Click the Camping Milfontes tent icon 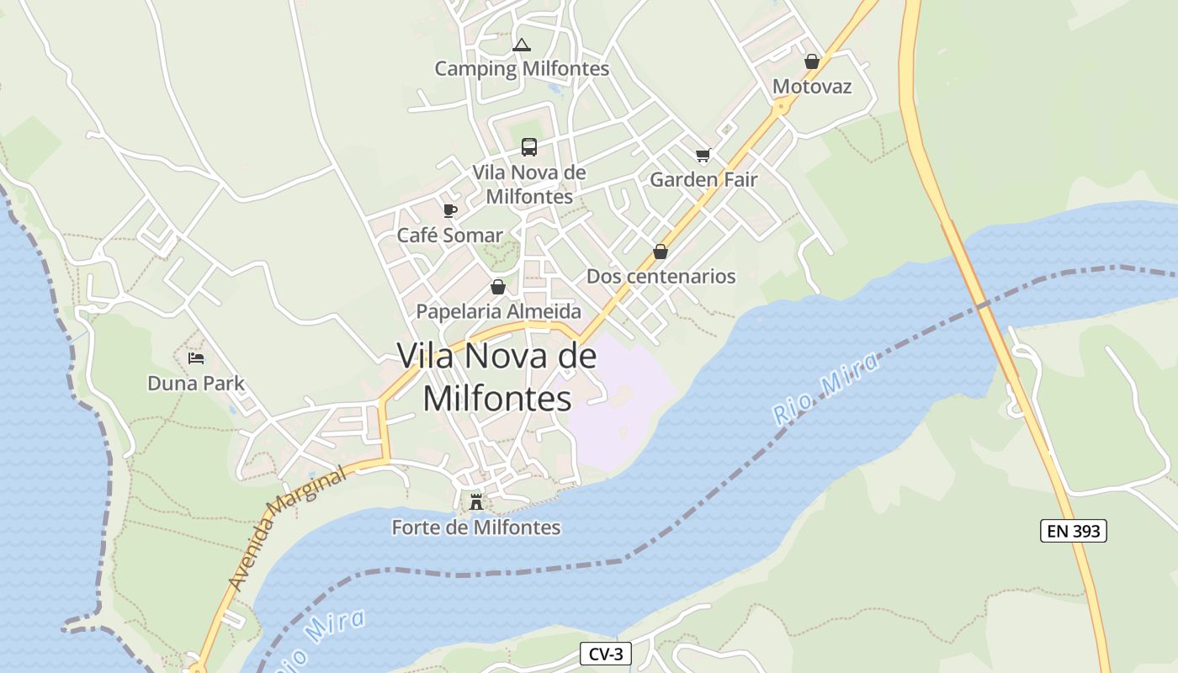coord(522,45)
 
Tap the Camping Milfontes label coord(522,68)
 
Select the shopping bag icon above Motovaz coord(812,61)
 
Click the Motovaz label coord(812,87)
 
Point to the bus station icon coord(529,147)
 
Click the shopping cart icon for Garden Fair coord(703,155)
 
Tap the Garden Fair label coord(703,179)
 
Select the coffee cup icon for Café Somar coord(450,210)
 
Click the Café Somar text coord(449,235)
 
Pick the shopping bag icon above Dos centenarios coord(661,252)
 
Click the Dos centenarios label coord(661,276)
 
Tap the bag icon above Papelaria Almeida coord(498,287)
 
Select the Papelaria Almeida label coord(498,311)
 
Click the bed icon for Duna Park coord(196,358)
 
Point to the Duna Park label coord(196,384)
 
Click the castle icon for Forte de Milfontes coord(476,502)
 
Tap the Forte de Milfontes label coord(476,527)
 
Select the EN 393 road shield coord(1073,531)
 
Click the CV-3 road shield coord(605,654)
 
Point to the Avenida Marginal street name coord(287,530)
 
